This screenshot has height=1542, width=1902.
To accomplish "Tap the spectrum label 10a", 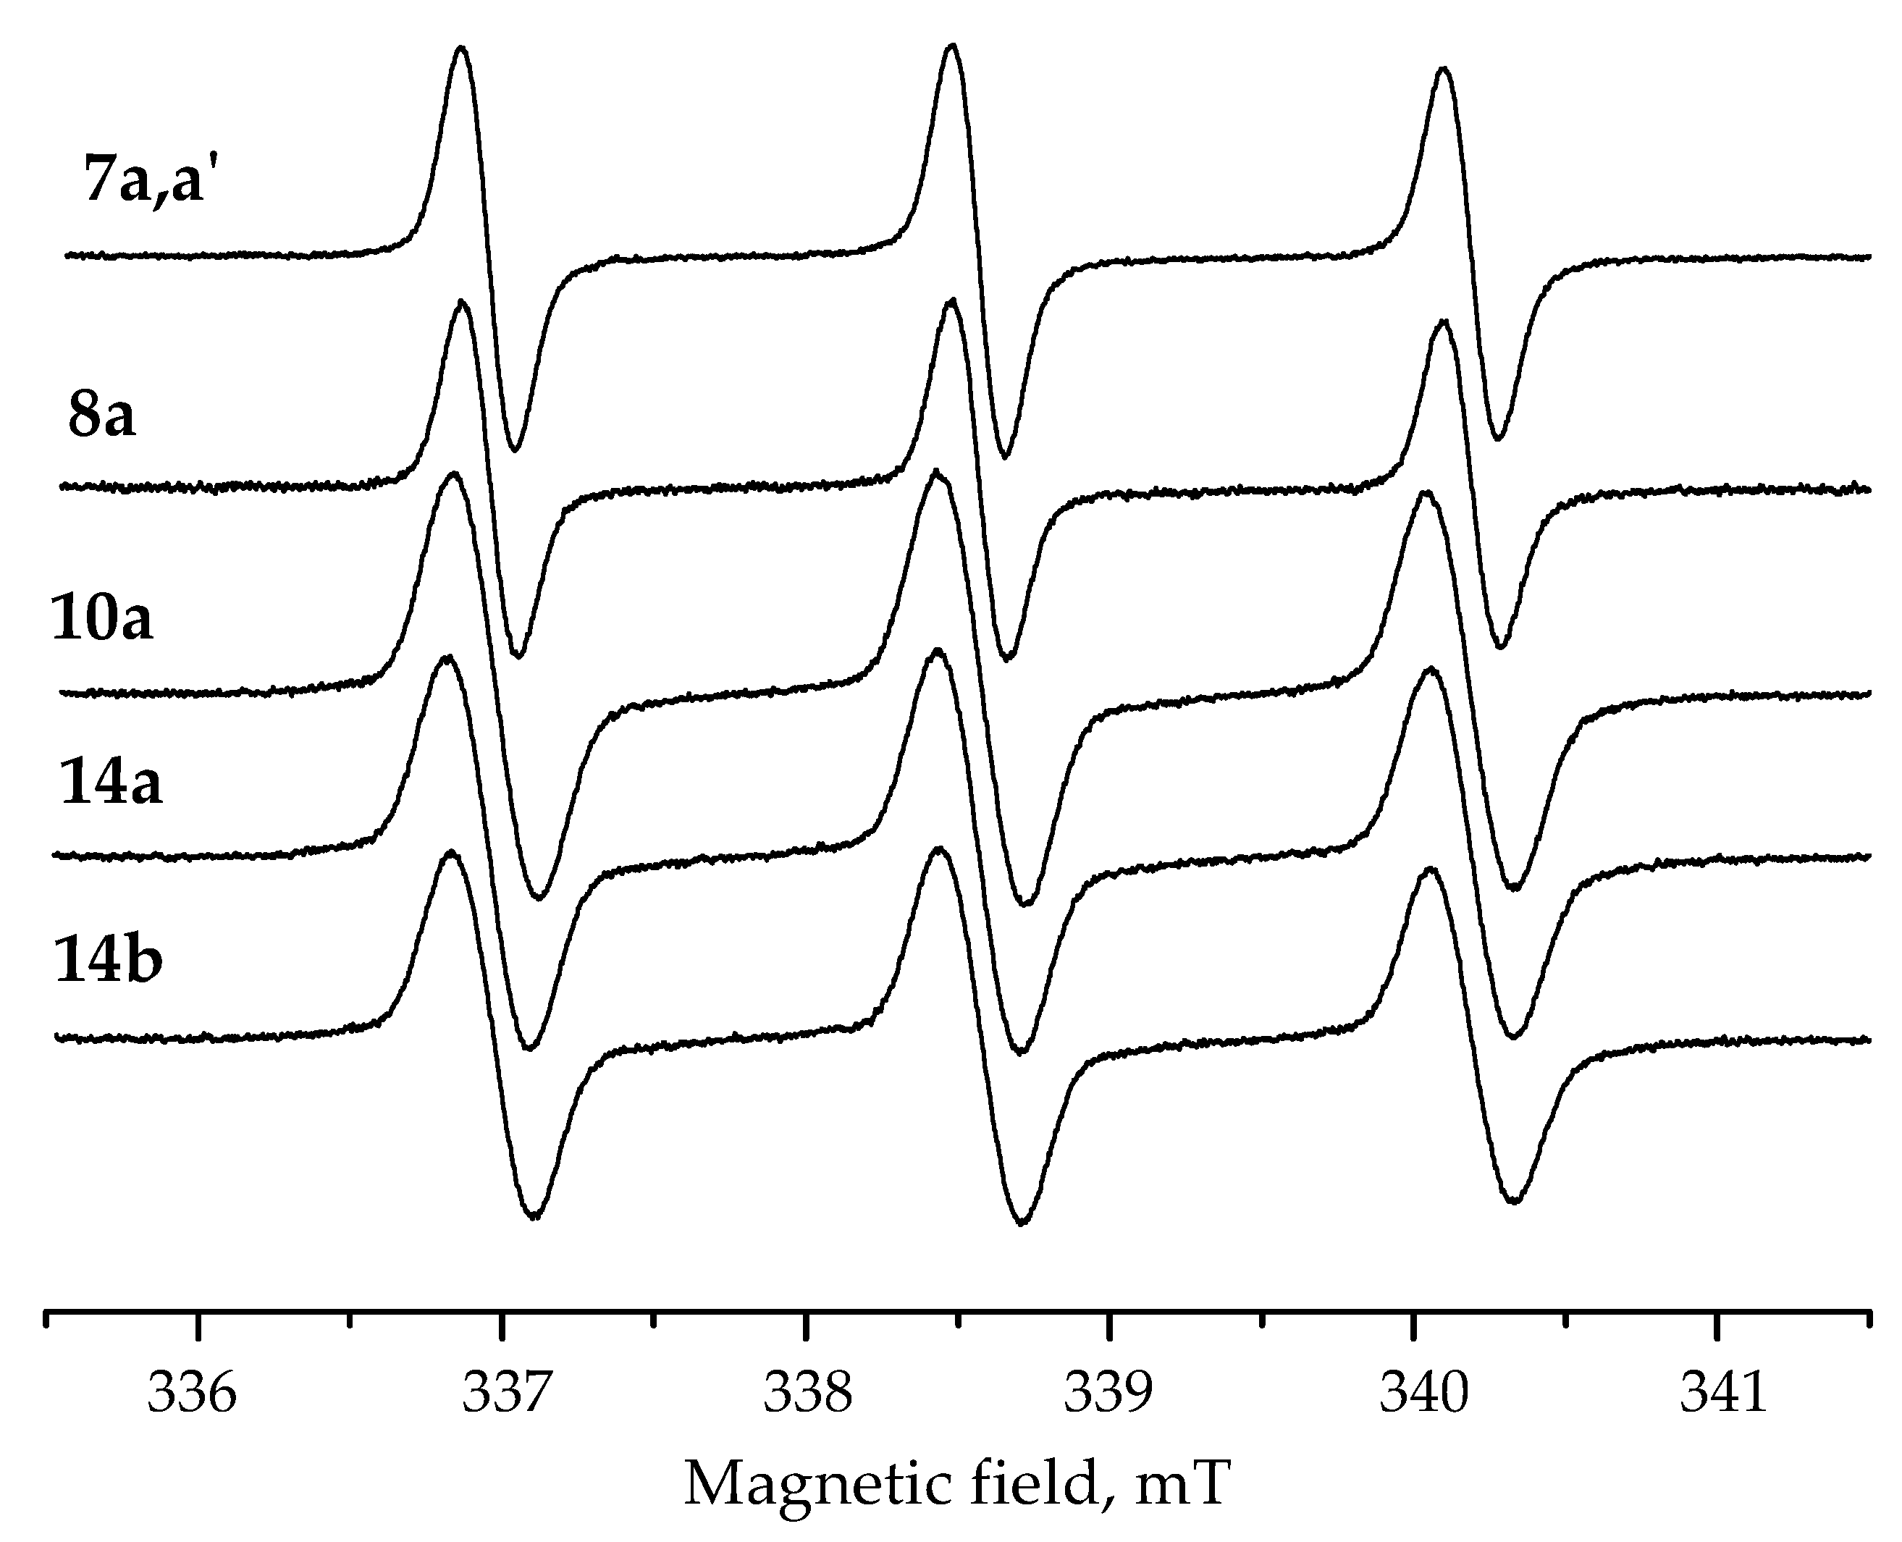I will [x=102, y=618].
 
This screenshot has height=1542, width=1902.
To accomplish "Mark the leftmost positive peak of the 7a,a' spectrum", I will [x=460, y=48].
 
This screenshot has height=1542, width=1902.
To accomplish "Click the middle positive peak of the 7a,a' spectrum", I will [x=952, y=46].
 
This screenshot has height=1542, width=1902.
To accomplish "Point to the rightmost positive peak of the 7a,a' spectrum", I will [x=1444, y=69].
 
